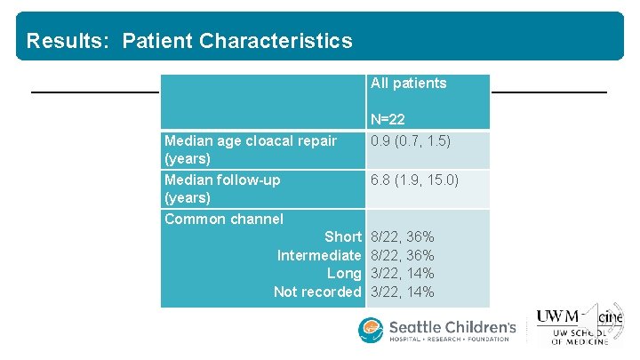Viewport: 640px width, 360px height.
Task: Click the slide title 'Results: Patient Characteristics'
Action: click(189, 41)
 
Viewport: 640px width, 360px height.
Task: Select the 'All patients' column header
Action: click(408, 84)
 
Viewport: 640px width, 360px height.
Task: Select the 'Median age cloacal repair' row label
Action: click(251, 140)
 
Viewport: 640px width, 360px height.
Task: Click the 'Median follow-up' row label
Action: click(222, 180)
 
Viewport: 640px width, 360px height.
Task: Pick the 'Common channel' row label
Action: click(224, 219)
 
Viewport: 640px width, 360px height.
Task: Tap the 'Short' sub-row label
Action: click(342, 237)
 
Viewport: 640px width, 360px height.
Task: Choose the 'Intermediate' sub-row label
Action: click(319, 256)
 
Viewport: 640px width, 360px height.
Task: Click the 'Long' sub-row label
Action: click(344, 274)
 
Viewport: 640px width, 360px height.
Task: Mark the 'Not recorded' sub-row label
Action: click(317, 292)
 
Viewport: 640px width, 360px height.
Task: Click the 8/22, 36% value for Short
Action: click(402, 237)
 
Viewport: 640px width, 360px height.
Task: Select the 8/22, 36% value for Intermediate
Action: click(402, 256)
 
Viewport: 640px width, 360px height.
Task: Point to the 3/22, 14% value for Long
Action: click(402, 274)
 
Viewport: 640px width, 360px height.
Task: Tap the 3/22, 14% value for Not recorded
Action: click(402, 292)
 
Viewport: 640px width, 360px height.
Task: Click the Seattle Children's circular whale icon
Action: click(371, 331)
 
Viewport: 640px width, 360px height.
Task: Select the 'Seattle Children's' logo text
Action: click(452, 328)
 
